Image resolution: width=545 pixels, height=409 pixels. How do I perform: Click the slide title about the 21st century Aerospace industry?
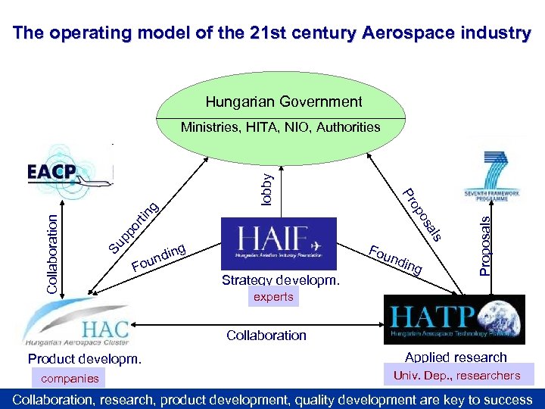[x=272, y=33]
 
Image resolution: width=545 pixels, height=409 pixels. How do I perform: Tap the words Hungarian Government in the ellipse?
[x=284, y=101]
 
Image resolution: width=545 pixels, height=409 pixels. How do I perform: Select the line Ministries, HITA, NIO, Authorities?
[x=280, y=127]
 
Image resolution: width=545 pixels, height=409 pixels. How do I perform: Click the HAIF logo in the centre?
[x=278, y=243]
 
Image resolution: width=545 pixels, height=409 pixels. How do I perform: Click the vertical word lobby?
[x=266, y=186]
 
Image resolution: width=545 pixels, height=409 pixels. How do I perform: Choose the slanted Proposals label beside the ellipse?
[x=421, y=215]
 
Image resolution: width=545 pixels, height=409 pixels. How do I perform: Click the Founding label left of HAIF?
[x=159, y=257]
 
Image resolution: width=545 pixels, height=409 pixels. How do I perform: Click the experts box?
[x=273, y=297]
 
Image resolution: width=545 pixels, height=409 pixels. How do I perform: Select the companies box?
[x=70, y=378]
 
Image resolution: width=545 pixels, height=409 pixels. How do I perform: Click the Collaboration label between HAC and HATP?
[x=266, y=335]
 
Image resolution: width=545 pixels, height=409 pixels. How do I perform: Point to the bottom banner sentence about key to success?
[x=272, y=399]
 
